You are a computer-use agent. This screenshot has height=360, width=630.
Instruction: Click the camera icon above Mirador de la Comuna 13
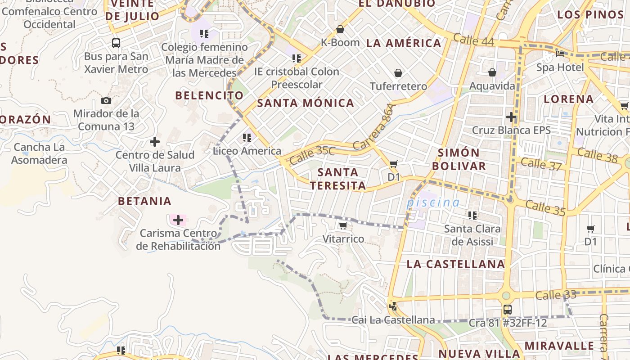click(106, 100)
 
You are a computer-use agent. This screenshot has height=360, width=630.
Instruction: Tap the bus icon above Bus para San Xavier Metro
click(116, 43)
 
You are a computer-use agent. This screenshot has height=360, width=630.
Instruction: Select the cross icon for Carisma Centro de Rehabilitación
click(178, 220)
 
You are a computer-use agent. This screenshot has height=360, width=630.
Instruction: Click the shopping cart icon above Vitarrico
click(343, 225)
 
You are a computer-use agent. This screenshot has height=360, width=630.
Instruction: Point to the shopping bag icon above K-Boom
click(340, 29)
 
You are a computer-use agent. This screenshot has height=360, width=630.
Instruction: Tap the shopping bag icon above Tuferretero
click(398, 73)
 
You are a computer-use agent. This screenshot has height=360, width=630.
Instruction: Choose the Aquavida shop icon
click(492, 72)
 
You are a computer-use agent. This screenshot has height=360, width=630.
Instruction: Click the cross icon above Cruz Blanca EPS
click(511, 117)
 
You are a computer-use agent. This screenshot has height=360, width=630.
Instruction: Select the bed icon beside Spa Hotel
click(560, 54)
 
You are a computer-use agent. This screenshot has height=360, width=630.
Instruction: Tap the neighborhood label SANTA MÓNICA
click(306, 103)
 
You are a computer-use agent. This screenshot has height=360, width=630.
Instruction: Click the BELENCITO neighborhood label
click(209, 95)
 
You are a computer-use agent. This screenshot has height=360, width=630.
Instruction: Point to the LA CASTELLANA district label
click(455, 264)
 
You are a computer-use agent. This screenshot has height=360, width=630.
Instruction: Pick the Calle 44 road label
click(473, 40)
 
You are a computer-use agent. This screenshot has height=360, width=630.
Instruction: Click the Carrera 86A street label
click(374, 127)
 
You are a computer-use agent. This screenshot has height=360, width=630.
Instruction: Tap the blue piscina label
click(433, 202)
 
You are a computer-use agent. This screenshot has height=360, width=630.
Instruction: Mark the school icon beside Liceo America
click(247, 137)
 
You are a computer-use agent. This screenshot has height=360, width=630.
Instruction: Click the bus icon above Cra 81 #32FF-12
click(507, 310)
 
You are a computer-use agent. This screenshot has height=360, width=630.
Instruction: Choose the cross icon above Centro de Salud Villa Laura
click(155, 142)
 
